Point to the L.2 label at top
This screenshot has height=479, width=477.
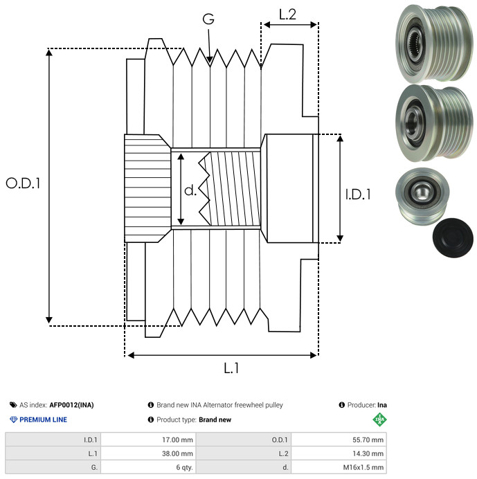click(x=287, y=15)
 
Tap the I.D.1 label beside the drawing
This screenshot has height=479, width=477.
click(x=358, y=195)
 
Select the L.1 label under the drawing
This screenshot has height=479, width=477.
click(x=231, y=368)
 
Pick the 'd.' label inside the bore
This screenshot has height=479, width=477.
click(x=190, y=190)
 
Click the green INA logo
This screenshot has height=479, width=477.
click(x=379, y=419)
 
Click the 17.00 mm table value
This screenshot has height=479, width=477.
click(x=177, y=440)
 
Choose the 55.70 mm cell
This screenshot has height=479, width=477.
click(x=365, y=440)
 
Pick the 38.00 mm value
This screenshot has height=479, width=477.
click(x=177, y=453)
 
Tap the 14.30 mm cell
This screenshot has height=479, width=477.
click(x=366, y=453)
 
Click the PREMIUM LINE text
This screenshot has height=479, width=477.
click(x=44, y=419)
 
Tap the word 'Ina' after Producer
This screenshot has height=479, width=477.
click(x=381, y=405)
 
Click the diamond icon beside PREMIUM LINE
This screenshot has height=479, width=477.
click(x=13, y=419)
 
